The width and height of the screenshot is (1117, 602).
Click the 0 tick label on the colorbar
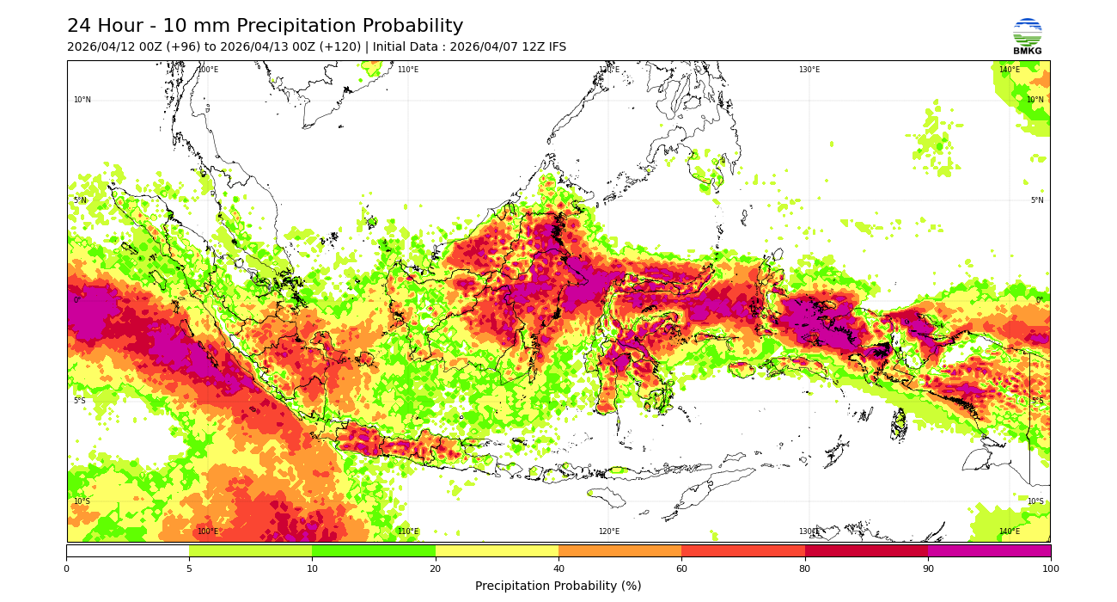[x=66, y=568]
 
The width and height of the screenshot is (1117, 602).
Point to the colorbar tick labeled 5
[x=189, y=568]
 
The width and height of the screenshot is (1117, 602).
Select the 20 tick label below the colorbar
[x=436, y=568]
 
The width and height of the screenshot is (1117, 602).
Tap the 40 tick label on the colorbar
[x=558, y=568]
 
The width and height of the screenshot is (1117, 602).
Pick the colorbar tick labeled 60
[x=681, y=568]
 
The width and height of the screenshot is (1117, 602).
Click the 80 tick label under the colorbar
[x=805, y=568]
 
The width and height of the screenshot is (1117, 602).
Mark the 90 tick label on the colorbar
[x=928, y=568]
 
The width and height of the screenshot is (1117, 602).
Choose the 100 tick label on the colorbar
[x=1050, y=568]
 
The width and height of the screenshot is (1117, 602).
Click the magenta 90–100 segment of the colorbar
[x=989, y=550]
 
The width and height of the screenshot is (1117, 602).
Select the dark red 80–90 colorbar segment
[x=866, y=550]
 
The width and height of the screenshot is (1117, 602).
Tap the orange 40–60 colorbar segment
[x=620, y=550]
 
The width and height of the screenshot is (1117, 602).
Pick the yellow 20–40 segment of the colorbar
[x=497, y=550]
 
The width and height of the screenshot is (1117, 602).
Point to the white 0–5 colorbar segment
[x=127, y=550]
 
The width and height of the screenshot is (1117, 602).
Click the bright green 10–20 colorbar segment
[x=374, y=550]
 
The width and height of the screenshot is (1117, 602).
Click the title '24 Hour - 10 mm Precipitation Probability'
[x=265, y=27]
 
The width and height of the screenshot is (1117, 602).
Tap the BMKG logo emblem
[x=1027, y=33]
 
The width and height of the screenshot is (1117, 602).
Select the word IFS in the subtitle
[x=555, y=47]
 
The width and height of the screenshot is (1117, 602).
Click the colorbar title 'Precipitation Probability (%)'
[x=558, y=586]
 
